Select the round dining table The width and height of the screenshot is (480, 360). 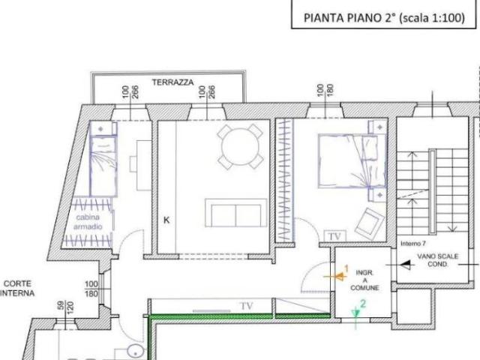(240, 145)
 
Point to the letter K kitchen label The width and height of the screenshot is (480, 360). (166, 220)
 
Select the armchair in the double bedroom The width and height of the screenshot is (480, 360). (368, 222)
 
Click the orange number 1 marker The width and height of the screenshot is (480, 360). (346, 268)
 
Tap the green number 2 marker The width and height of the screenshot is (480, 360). (362, 304)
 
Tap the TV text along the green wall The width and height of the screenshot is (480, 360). (246, 306)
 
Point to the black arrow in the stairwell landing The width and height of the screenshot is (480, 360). (409, 264)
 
